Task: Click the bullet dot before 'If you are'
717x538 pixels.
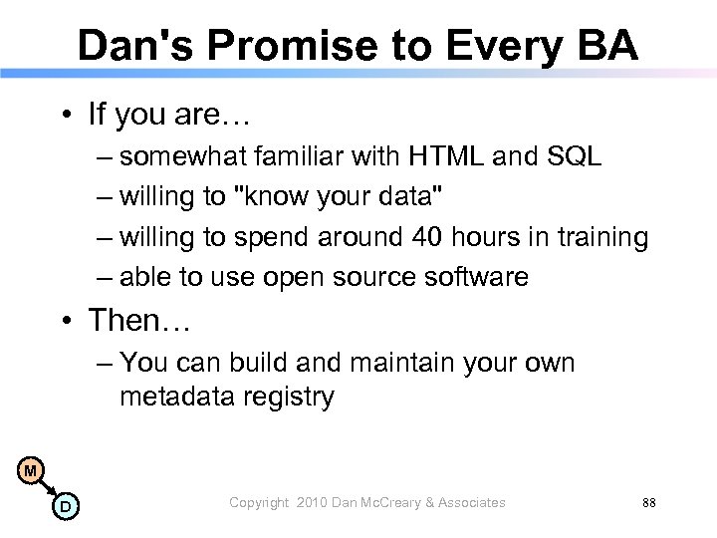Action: click(x=68, y=116)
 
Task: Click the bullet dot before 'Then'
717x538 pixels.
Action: click(x=68, y=321)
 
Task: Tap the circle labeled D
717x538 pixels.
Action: click(x=64, y=507)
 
